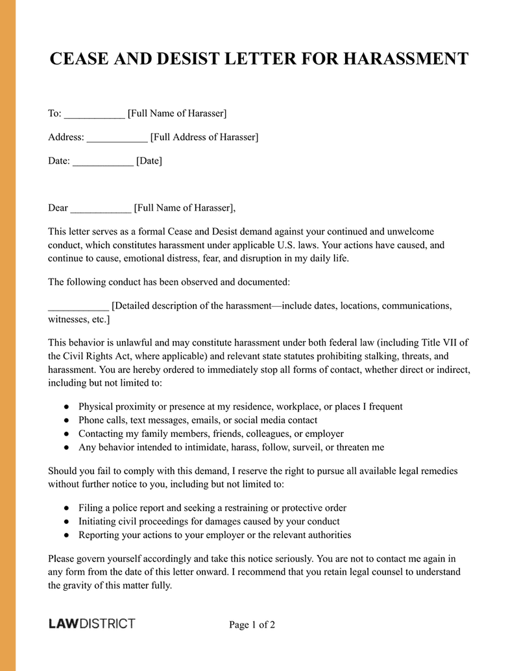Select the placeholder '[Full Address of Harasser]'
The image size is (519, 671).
[204, 137]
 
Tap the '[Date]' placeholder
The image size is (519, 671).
[149, 161]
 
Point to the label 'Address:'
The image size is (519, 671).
[66, 137]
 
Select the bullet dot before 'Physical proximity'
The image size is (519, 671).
[67, 407]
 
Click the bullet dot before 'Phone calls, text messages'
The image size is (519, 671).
[67, 421]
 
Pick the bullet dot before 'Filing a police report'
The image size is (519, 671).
[67, 508]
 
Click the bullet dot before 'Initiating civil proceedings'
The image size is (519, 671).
[67, 522]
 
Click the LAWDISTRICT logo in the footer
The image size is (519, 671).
[91, 624]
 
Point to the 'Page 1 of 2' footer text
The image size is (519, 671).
[252, 626]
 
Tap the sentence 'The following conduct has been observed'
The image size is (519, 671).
[169, 282]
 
